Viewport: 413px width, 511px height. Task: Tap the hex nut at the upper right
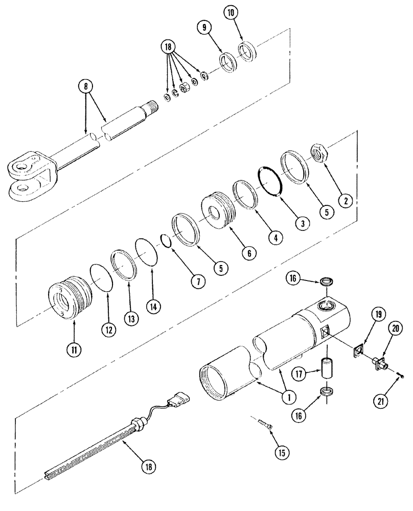click(x=320, y=151)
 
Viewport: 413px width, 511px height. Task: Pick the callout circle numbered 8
click(x=85, y=85)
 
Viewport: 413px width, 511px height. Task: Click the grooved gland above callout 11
click(x=69, y=301)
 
